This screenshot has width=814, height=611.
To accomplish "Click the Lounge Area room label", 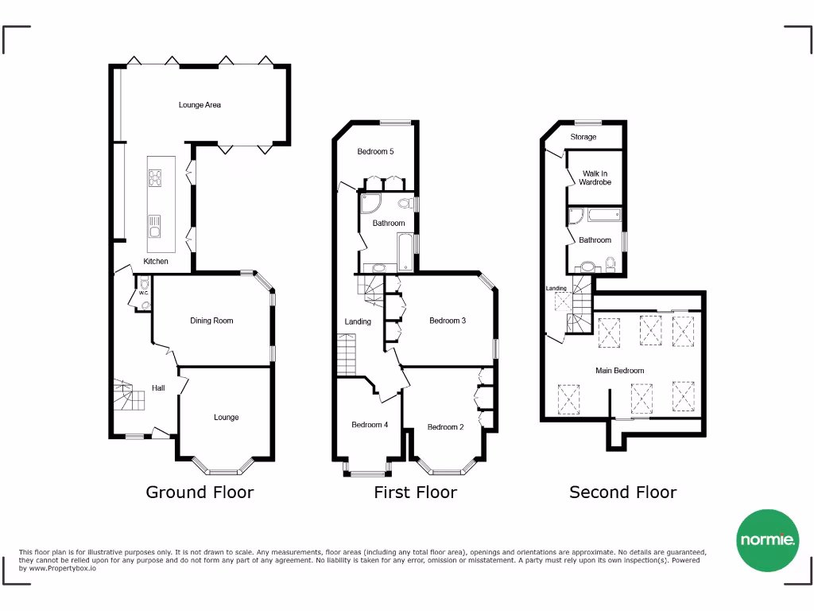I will pyautogui.click(x=200, y=105).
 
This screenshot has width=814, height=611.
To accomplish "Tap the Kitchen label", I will pyautogui.click(x=156, y=262).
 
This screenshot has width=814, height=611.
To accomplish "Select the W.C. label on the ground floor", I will pyautogui.click(x=144, y=293).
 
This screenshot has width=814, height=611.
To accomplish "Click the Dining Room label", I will pyautogui.click(x=211, y=321).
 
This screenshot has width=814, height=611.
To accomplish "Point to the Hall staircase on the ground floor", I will pyautogui.click(x=127, y=395).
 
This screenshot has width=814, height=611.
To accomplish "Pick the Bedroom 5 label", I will pyautogui.click(x=375, y=152).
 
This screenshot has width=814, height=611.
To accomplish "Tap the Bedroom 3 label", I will pyautogui.click(x=447, y=321).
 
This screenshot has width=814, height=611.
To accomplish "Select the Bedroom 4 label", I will pyautogui.click(x=370, y=425).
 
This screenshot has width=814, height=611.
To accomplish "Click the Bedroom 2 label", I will pyautogui.click(x=445, y=427).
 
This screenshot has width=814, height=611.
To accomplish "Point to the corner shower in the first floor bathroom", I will pyautogui.click(x=370, y=204).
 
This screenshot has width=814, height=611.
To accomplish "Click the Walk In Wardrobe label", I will pyautogui.click(x=595, y=177).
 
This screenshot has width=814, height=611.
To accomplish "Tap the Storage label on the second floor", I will pyautogui.click(x=583, y=138).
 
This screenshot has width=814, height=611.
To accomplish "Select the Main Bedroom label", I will pyautogui.click(x=620, y=371).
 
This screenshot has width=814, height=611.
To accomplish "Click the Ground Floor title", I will pyautogui.click(x=200, y=492).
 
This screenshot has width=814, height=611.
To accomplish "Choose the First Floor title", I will pyautogui.click(x=415, y=492).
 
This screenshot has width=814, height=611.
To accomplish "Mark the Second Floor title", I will pyautogui.click(x=622, y=492).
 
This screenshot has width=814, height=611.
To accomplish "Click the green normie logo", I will pyautogui.click(x=767, y=540).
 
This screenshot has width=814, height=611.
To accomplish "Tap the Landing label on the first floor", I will pyautogui.click(x=358, y=321).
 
